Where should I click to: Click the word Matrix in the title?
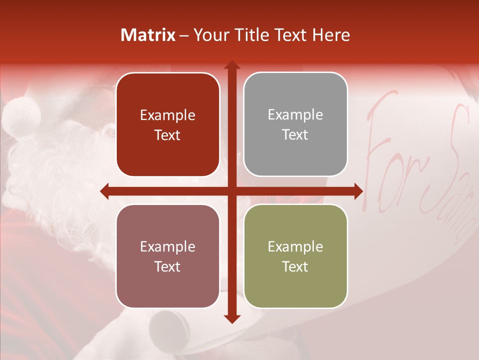tap(148, 35)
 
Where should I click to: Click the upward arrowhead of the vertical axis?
tap(232, 65)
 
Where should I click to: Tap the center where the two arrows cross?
tap(232, 191)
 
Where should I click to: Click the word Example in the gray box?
tap(295, 115)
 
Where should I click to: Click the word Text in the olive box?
tap(295, 266)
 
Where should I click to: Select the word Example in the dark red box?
tap(168, 115)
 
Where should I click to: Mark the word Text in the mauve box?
tap(168, 266)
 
